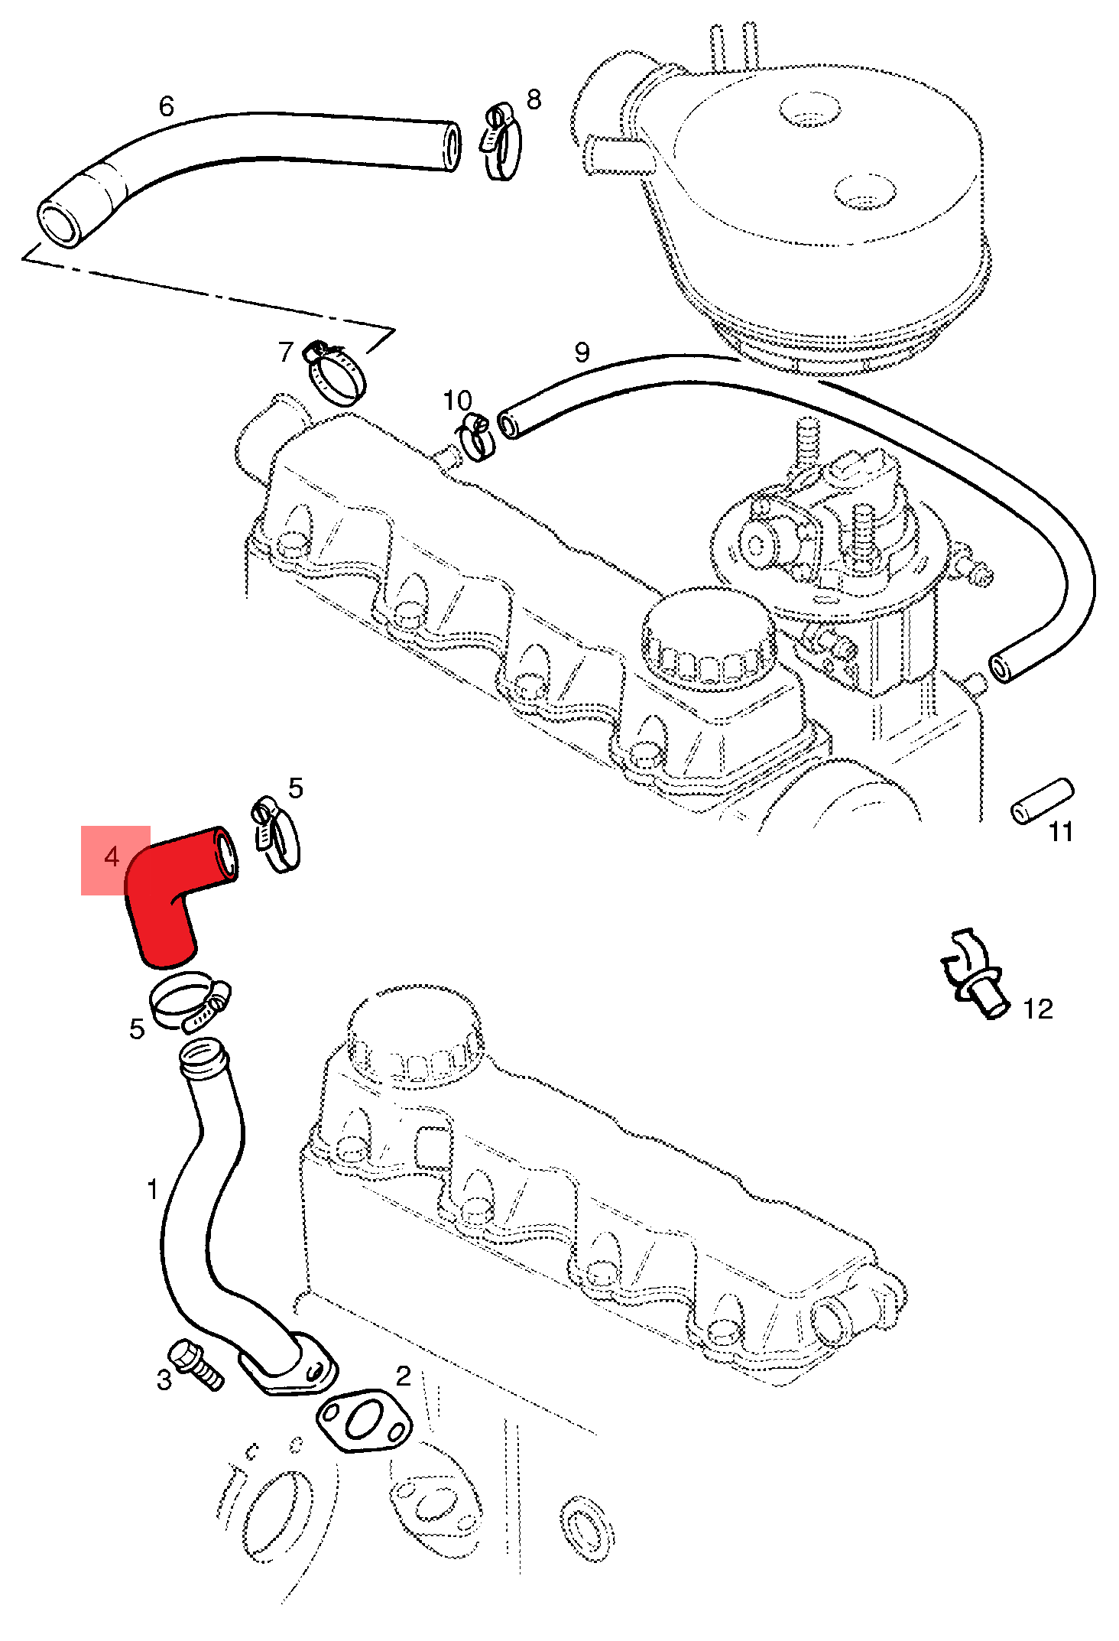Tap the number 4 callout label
click(112, 857)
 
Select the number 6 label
click(167, 106)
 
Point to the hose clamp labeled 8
click(501, 141)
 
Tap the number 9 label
click(582, 353)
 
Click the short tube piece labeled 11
click(1043, 801)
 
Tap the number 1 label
click(153, 1190)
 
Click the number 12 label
click(1038, 1009)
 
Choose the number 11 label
click(1061, 832)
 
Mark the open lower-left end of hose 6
click(60, 223)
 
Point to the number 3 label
click(164, 1380)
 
